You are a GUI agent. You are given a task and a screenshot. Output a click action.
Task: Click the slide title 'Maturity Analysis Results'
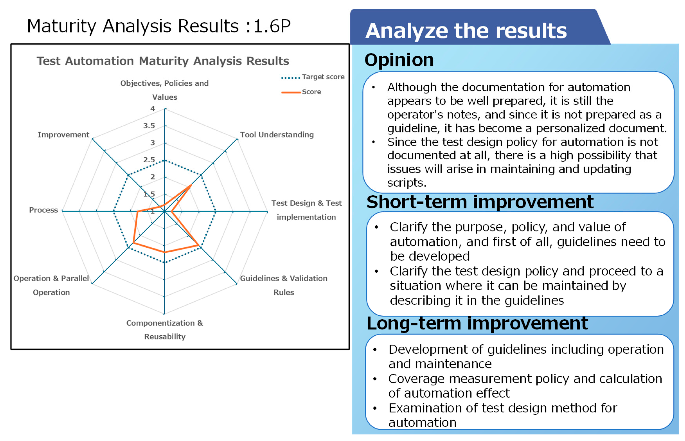pyautogui.click(x=133, y=26)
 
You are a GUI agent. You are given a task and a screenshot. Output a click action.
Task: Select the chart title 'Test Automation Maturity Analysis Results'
pyautogui.click(x=163, y=61)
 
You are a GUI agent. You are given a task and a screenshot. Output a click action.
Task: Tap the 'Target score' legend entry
pyautogui.click(x=313, y=77)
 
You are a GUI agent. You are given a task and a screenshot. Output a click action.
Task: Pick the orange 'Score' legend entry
pyautogui.click(x=301, y=92)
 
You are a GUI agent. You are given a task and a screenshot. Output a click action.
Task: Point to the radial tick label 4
pyautogui.click(x=153, y=109)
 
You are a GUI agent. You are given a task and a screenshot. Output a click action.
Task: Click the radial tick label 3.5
pyautogui.click(x=149, y=126)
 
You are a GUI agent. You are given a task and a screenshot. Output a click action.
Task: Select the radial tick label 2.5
pyautogui.click(x=149, y=160)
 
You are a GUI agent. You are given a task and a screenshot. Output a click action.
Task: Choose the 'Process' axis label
pyautogui.click(x=43, y=210)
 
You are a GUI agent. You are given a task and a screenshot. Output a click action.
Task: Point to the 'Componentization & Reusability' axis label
pyautogui.click(x=165, y=330)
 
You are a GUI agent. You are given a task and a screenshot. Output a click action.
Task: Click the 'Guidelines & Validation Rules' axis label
pyautogui.click(x=284, y=285)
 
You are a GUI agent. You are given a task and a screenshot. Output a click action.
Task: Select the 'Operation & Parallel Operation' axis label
pyautogui.click(x=51, y=285)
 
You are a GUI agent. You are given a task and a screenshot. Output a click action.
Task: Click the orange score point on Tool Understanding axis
pyautogui.click(x=191, y=185)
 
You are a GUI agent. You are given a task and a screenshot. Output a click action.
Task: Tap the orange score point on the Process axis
pyautogui.click(x=137, y=212)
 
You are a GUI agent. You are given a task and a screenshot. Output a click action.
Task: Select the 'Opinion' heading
pyautogui.click(x=399, y=60)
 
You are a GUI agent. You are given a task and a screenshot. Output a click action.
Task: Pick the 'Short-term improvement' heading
pyautogui.click(x=480, y=202)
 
